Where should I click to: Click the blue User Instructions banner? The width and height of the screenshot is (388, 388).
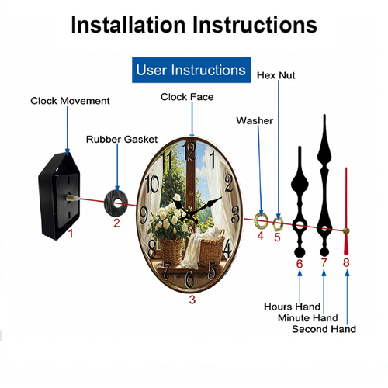click(x=191, y=70)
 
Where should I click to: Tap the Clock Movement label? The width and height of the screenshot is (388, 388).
click(x=70, y=101)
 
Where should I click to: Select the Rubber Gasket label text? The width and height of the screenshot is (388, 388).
click(x=122, y=140)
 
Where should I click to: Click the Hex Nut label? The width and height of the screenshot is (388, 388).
click(x=276, y=75)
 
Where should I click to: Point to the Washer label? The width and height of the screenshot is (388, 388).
click(x=255, y=120)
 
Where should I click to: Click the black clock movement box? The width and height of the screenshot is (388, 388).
click(x=59, y=196)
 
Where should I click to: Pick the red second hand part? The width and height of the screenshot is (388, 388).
click(x=346, y=211)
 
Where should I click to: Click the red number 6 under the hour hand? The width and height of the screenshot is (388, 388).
click(x=300, y=264)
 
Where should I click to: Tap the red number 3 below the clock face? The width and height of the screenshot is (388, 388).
click(x=192, y=300)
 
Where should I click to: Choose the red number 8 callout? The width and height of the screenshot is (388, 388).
click(x=346, y=262)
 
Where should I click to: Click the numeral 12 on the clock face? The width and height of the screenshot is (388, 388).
click(x=190, y=151)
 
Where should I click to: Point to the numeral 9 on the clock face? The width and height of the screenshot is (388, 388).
click(x=144, y=216)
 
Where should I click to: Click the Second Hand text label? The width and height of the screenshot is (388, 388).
click(x=324, y=329)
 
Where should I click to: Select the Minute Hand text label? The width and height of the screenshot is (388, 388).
click(x=308, y=318)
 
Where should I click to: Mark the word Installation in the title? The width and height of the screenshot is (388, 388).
click(x=128, y=25)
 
